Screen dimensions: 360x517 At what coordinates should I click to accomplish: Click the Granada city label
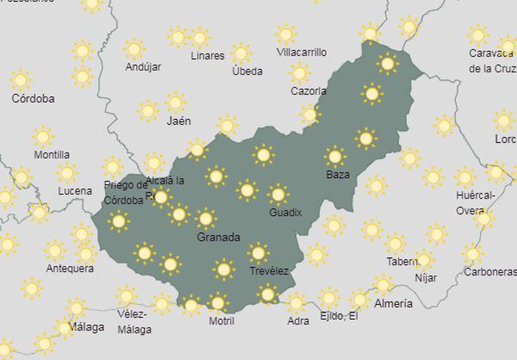point(218,238)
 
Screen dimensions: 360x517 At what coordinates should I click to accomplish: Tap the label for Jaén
point(179,121)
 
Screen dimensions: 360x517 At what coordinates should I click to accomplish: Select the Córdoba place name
point(33,98)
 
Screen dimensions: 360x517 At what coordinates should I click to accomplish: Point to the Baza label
point(338,175)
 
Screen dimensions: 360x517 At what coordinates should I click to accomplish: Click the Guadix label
point(285,212)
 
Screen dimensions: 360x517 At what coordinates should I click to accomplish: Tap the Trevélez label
point(269,271)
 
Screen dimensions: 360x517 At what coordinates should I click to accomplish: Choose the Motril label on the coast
point(221,321)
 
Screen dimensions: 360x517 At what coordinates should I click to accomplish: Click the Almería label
point(393,303)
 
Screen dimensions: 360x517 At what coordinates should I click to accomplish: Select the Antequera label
point(70,268)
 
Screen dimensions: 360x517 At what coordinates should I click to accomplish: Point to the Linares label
point(207,56)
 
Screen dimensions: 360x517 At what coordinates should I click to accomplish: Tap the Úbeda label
point(247,71)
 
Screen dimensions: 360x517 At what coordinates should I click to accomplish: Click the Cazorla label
point(308,91)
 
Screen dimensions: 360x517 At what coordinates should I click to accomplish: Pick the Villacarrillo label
point(302,52)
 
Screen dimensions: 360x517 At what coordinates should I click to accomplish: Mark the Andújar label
point(143,67)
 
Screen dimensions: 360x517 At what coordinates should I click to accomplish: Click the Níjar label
point(426,278)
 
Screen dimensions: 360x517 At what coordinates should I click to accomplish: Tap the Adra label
point(298,321)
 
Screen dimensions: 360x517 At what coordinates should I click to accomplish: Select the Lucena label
point(75,191)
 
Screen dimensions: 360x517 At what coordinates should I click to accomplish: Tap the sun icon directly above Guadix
point(278,195)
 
